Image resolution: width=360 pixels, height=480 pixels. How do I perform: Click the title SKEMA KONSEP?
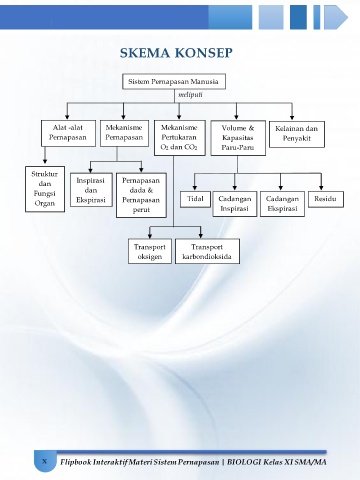(x=176, y=53)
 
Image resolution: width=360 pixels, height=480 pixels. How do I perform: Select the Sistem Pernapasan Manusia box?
(x=174, y=82)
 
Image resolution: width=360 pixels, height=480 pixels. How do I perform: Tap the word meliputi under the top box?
(x=190, y=95)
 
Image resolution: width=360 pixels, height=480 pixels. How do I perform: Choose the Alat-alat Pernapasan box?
(x=68, y=133)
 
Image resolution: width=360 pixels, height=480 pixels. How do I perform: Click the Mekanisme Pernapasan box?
(x=124, y=133)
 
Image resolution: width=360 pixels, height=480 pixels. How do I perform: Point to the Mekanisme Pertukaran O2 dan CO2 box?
(x=180, y=138)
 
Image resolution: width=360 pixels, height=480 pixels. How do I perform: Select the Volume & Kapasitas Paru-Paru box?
(x=238, y=138)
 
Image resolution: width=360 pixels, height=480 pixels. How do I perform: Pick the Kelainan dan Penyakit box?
(x=297, y=134)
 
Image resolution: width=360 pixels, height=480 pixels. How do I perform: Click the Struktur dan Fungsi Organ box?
(x=45, y=189)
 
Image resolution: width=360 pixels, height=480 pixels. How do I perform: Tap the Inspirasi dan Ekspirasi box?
(x=91, y=190)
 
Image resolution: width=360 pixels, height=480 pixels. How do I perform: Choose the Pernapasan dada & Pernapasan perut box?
(x=141, y=195)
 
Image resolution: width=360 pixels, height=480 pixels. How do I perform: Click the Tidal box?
(x=195, y=199)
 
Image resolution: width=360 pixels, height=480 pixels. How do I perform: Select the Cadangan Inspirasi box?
(x=235, y=204)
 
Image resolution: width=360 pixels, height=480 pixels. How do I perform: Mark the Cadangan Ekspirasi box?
(x=282, y=204)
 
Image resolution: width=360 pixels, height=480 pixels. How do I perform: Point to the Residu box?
(x=325, y=199)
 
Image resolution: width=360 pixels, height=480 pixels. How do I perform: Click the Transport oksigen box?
(x=150, y=251)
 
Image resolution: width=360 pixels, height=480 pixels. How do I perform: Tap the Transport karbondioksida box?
(x=207, y=251)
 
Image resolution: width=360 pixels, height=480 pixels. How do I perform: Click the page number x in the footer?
(x=44, y=462)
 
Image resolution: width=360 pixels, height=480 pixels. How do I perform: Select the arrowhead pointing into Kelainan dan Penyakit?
(x=292, y=117)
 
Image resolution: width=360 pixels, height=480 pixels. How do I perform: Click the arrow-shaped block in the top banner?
(x=336, y=17)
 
